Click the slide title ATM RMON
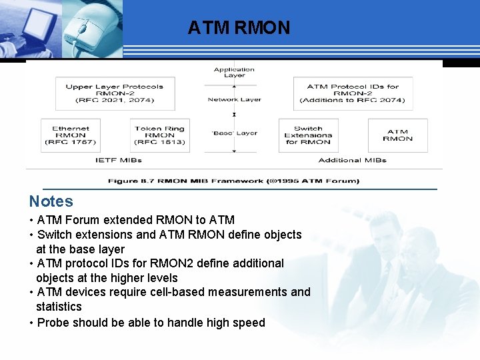click(239, 28)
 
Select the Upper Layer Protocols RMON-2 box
click(114, 93)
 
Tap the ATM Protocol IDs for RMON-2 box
click(353, 93)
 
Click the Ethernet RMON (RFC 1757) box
click(70, 135)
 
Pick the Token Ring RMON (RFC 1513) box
click(159, 135)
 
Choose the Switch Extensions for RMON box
click(307, 135)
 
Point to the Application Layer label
click(234, 72)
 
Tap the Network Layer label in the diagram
click(234, 99)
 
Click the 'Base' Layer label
click(234, 133)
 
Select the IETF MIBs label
click(115, 160)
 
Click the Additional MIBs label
click(353, 160)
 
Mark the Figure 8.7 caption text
click(233, 181)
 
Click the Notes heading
click(51, 201)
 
